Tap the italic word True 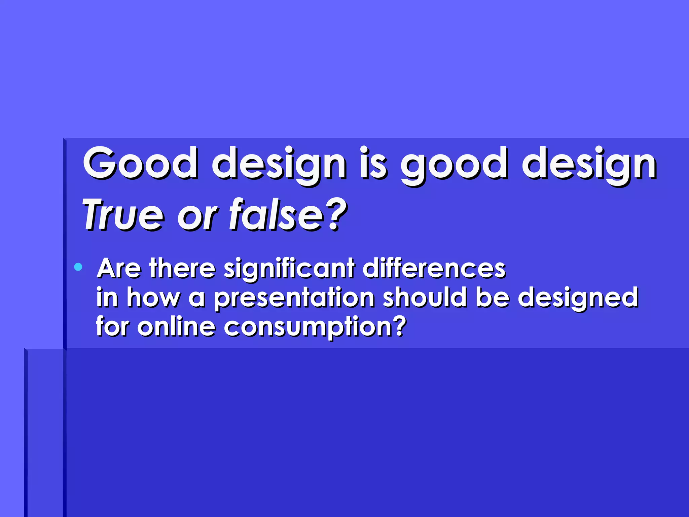coord(123,215)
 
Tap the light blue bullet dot coord(78,267)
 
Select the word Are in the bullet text coord(119,268)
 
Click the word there coord(182,268)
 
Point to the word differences coord(434,268)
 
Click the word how coord(153,298)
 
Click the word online coord(176,326)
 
